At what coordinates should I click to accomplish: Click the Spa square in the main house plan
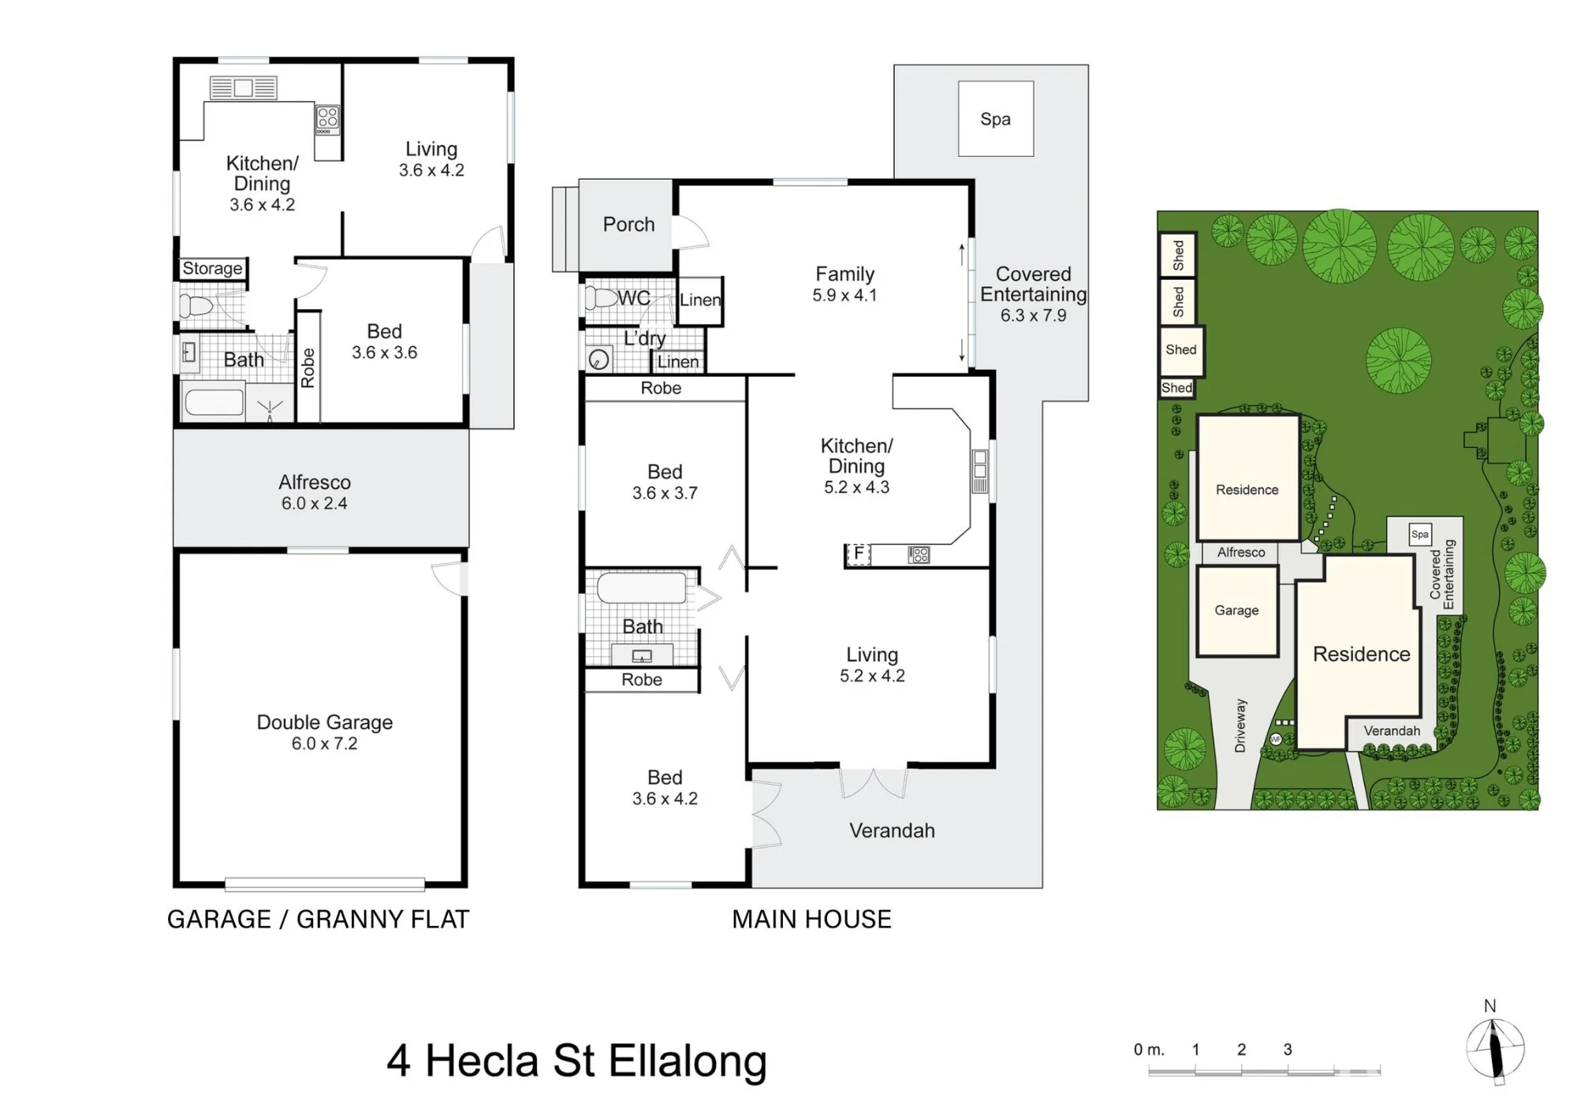pyautogui.click(x=996, y=118)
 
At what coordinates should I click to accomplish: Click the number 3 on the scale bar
pyautogui.click(x=1288, y=1050)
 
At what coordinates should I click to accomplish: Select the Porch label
pyautogui.click(x=628, y=225)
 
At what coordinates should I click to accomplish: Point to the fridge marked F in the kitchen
pyautogui.click(x=859, y=554)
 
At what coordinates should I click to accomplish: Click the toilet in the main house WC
pyautogui.click(x=600, y=298)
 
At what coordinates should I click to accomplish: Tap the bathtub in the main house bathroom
pyautogui.click(x=641, y=588)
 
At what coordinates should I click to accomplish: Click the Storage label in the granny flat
pyautogui.click(x=212, y=269)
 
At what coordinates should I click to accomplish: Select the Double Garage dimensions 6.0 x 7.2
pyautogui.click(x=324, y=744)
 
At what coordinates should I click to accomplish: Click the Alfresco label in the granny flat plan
pyautogui.click(x=315, y=482)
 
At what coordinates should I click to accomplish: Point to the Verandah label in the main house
pyautogui.click(x=892, y=830)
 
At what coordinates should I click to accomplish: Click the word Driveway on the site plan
pyautogui.click(x=1240, y=725)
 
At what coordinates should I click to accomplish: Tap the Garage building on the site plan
pyautogui.click(x=1237, y=611)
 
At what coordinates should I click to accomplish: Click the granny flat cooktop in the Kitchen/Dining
pyautogui.click(x=327, y=120)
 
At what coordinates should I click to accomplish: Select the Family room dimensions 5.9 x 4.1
pyautogui.click(x=844, y=295)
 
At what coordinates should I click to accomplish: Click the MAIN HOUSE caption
pyautogui.click(x=811, y=920)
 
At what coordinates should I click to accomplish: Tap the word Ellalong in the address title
pyautogui.click(x=688, y=1062)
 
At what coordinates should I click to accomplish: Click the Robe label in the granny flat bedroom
pyautogui.click(x=308, y=368)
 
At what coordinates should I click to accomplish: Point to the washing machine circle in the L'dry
pyautogui.click(x=598, y=360)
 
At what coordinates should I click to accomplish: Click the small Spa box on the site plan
pyautogui.click(x=1420, y=534)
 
